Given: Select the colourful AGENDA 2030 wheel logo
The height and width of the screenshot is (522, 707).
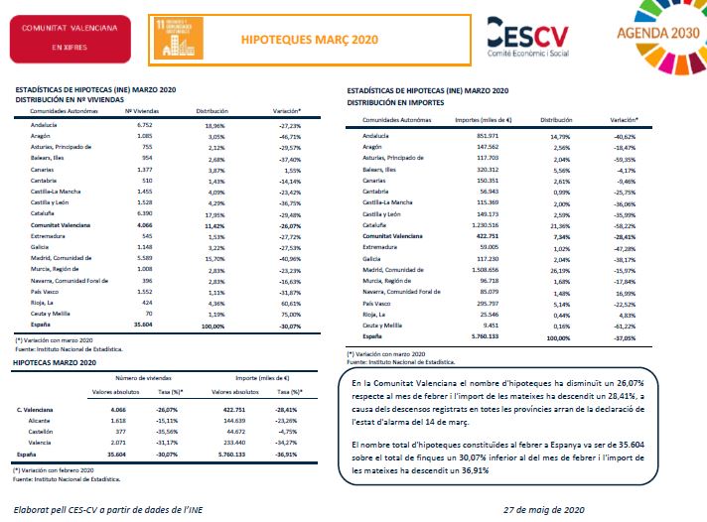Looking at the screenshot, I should click(651, 35).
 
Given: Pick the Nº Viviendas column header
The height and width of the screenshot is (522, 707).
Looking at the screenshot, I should click(142, 112).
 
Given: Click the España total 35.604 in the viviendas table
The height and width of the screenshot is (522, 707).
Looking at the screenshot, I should click(139, 325).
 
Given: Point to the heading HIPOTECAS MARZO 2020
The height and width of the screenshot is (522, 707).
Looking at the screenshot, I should click(54, 364).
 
